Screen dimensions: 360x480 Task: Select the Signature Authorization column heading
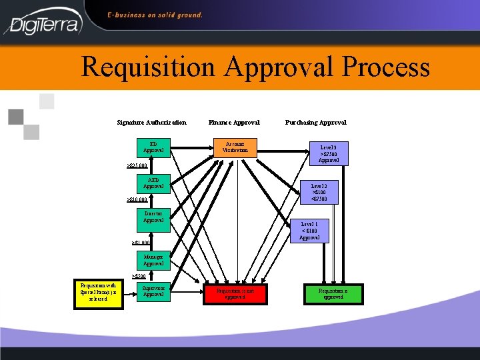(151, 123)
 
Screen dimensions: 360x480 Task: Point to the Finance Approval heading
(234, 123)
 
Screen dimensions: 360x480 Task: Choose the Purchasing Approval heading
(315, 123)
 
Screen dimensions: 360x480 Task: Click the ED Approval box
(153, 147)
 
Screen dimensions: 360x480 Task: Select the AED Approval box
(153, 183)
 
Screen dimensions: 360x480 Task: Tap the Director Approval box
(153, 217)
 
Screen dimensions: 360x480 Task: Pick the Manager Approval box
(153, 259)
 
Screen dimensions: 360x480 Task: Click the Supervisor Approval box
(153, 291)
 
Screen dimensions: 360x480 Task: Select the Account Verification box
(235, 147)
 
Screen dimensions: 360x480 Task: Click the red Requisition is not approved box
(235, 293)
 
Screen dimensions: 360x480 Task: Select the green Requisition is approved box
(333, 293)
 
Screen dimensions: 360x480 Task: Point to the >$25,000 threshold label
(137, 165)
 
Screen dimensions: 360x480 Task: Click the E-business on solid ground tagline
(155, 15)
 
